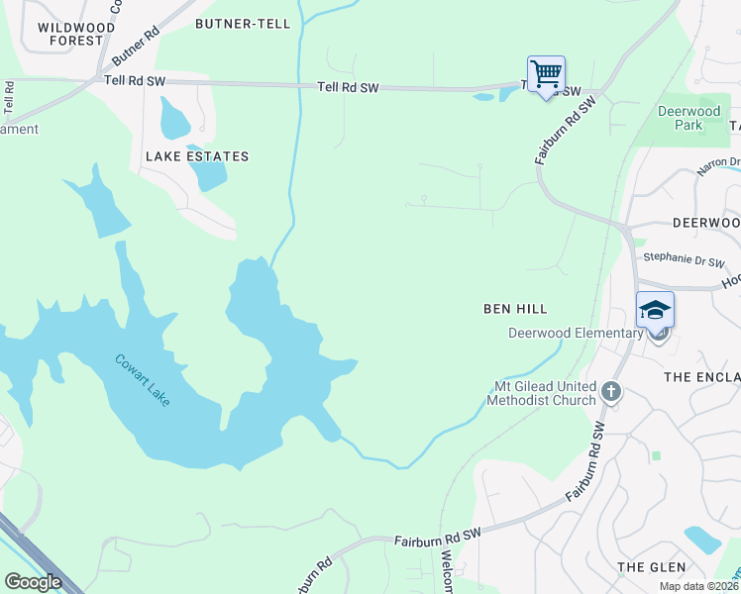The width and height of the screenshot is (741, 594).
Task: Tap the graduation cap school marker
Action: (655, 311)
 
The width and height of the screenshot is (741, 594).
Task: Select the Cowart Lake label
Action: (142, 384)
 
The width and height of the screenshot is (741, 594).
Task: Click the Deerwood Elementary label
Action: (576, 333)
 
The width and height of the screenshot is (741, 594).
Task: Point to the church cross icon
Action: (611, 392)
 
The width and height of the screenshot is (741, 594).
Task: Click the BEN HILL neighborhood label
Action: (514, 309)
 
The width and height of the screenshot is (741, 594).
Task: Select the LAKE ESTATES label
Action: (197, 156)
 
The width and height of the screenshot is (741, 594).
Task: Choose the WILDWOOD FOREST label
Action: (69, 34)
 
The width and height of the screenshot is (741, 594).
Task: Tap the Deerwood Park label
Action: (688, 118)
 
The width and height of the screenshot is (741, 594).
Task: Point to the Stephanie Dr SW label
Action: (684, 261)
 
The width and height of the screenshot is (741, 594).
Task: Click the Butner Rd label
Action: (137, 46)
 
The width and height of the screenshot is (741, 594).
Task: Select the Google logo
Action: (33, 582)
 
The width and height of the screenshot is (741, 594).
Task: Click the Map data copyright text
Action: (698, 586)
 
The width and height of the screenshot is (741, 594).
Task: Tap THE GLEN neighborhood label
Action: (651, 567)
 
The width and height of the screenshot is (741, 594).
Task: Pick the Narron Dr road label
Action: (718, 163)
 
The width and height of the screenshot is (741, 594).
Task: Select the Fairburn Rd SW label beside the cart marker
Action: (564, 130)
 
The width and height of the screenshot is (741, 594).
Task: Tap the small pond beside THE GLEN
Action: (702, 540)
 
